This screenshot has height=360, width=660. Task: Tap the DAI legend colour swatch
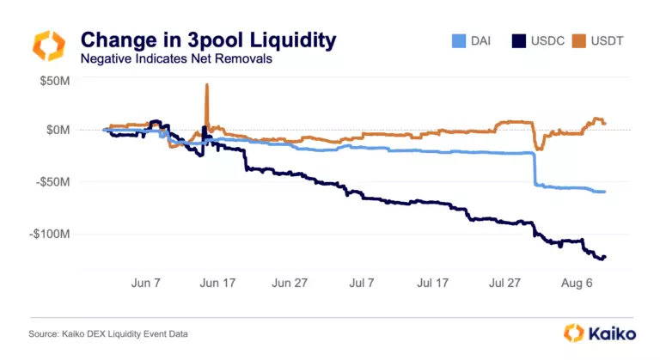(x=460, y=40)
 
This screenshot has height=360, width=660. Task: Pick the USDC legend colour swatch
(x=519, y=40)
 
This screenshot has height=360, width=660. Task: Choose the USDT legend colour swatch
(x=582, y=40)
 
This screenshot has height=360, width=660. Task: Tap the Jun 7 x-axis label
(x=145, y=282)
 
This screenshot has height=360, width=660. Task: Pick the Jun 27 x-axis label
(x=290, y=282)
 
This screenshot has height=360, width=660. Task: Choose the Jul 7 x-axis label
(x=362, y=282)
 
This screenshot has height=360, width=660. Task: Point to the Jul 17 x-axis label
(x=433, y=282)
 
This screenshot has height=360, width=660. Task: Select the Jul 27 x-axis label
(x=505, y=282)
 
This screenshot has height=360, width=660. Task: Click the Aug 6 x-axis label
(x=577, y=282)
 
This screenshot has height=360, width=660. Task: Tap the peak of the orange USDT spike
(x=206, y=85)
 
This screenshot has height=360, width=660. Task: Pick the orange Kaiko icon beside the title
(x=48, y=46)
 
